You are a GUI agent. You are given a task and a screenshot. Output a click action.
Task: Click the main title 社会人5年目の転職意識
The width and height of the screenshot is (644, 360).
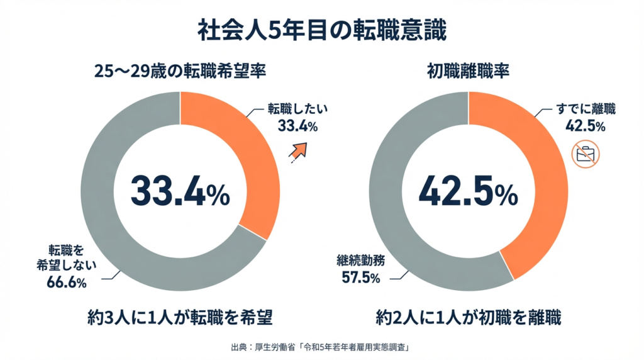(321, 30)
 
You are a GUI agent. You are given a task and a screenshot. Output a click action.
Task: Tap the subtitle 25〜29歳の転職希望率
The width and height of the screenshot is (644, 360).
(180, 71)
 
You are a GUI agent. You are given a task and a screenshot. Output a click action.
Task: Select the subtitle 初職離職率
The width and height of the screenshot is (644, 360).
(468, 71)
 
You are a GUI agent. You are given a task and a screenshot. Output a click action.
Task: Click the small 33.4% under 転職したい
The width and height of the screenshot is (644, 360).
(297, 127)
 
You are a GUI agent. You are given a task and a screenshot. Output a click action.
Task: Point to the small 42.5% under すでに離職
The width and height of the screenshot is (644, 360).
(586, 126)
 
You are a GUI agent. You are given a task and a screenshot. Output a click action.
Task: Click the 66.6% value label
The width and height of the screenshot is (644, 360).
(66, 283)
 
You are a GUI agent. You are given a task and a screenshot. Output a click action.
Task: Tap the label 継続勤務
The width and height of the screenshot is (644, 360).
(361, 260)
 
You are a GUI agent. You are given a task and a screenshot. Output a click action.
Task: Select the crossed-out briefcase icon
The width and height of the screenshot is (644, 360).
(586, 153)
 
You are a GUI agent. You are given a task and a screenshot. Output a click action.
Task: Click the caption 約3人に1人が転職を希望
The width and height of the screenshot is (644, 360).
(180, 318)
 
